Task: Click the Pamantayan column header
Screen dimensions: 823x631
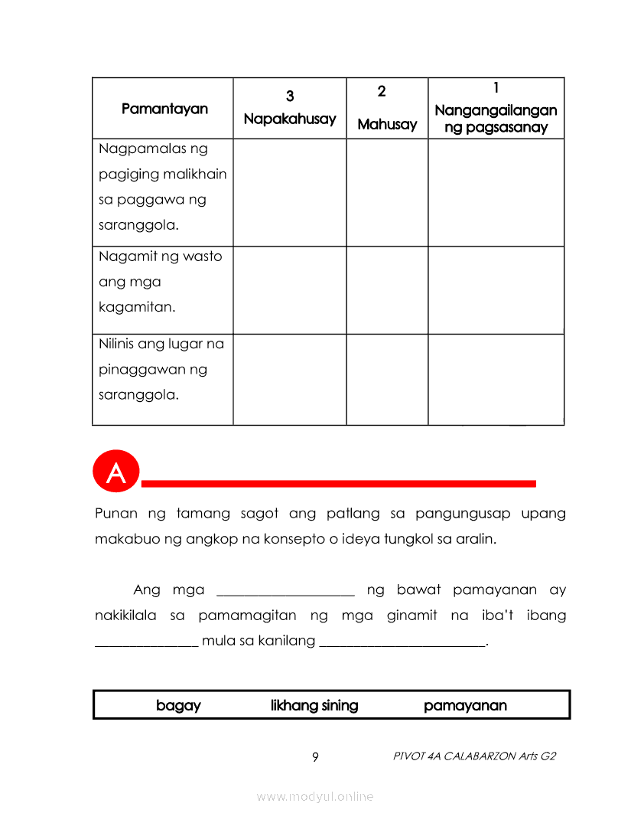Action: [x=164, y=109]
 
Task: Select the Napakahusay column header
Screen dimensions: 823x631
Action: [x=290, y=119]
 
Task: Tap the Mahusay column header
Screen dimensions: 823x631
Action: [x=387, y=124]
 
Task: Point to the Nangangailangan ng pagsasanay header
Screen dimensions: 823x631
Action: [x=496, y=119]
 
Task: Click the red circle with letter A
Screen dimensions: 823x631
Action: [x=115, y=472]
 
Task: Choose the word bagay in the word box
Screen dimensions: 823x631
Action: [x=178, y=705]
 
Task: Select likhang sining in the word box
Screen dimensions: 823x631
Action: [x=314, y=705]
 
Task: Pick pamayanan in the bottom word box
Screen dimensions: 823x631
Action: [x=465, y=705]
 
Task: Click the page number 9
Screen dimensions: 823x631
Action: [x=315, y=757]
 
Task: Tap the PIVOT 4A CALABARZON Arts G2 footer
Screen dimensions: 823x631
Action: [x=474, y=756]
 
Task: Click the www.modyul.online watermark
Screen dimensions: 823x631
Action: [x=315, y=796]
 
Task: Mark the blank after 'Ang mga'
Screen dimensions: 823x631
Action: [x=286, y=592]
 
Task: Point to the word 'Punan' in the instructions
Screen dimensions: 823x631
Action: [x=112, y=513]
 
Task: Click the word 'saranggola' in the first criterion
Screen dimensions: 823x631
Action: [x=135, y=226]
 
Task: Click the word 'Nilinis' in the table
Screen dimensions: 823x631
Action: [x=116, y=344]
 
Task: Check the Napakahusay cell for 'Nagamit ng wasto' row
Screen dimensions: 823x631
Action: [x=290, y=290]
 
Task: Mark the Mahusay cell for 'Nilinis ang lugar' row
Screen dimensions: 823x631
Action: [x=387, y=379]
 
